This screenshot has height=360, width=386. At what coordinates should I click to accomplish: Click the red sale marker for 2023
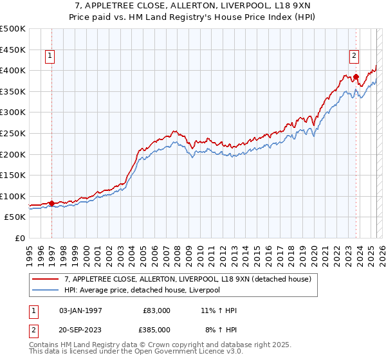356,76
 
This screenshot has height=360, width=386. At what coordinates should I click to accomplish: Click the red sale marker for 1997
51,203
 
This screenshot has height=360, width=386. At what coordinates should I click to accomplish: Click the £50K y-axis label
15,217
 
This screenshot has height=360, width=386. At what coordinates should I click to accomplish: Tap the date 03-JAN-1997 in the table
80,310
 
